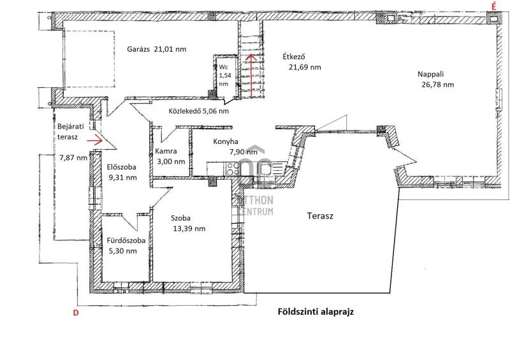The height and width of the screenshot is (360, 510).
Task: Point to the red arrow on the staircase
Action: (x=251, y=76)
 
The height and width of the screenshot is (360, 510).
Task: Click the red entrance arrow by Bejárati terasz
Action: (x=94, y=140)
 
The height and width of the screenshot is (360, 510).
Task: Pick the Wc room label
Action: (x=224, y=67)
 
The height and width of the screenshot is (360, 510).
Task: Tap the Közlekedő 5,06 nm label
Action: (x=199, y=111)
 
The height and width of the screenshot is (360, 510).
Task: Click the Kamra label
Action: (x=166, y=151)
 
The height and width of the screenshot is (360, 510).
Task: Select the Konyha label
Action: (x=226, y=141)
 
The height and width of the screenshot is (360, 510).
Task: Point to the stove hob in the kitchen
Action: (x=233, y=169)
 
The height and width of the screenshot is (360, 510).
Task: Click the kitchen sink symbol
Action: (x=266, y=169)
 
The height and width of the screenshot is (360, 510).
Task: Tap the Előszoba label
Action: (x=122, y=167)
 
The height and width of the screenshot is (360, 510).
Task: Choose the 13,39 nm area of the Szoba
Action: (x=189, y=229)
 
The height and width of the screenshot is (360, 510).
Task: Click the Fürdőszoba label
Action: (x=126, y=241)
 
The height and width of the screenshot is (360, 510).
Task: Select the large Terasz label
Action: (x=320, y=216)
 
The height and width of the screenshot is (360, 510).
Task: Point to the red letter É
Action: (x=493, y=6)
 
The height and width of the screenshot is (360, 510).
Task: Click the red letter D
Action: (x=76, y=313)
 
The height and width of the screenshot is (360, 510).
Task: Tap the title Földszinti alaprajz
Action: (x=316, y=312)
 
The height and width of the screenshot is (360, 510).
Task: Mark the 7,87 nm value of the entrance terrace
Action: (x=73, y=158)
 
